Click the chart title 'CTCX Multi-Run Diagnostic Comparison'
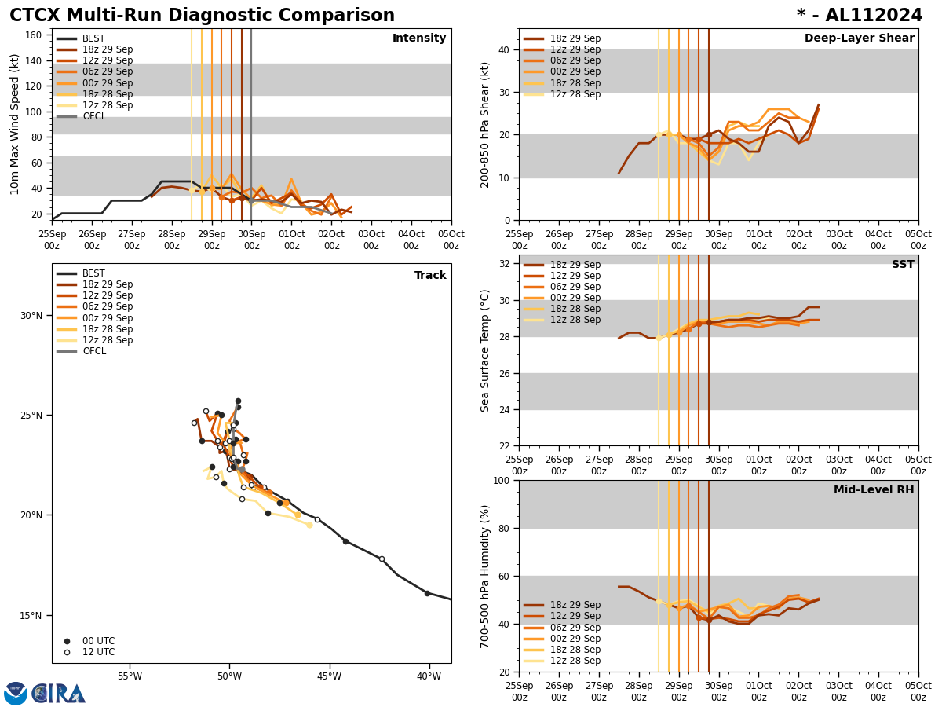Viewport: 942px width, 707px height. tap(202, 16)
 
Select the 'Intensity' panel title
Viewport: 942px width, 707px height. tap(419, 38)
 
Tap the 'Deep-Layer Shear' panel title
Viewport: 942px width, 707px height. tap(859, 38)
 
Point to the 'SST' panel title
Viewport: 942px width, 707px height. tap(903, 265)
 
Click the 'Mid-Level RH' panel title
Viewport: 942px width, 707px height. tap(874, 490)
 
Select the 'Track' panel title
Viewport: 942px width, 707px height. tap(430, 276)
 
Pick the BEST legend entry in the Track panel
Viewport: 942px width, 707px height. tap(93, 273)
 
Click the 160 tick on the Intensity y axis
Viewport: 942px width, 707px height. tap(35, 35)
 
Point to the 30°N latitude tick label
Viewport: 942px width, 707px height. tap(31, 316)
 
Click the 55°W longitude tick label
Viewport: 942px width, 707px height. tap(130, 676)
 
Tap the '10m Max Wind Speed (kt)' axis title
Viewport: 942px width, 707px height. tap(15, 124)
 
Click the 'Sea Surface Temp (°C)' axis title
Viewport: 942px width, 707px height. tap(486, 350)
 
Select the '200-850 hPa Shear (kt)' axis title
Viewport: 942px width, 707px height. tap(486, 124)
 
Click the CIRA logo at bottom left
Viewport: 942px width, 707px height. tap(59, 694)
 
